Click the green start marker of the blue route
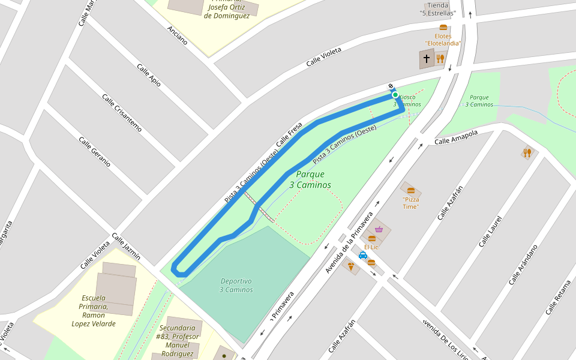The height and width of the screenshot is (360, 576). pyautogui.click(x=395, y=95)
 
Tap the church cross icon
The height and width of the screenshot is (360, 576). pyautogui.click(x=427, y=59)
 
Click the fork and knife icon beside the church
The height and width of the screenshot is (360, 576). pyautogui.click(x=440, y=59)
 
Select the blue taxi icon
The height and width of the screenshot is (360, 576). pyautogui.click(x=362, y=255)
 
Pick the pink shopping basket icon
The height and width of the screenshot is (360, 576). pyautogui.click(x=379, y=229)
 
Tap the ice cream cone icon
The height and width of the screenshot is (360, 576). pyautogui.click(x=352, y=266)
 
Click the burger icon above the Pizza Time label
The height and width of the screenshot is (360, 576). pyautogui.click(x=411, y=190)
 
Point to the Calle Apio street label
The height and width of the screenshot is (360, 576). pyautogui.click(x=149, y=76)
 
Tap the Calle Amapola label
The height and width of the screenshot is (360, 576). pyautogui.click(x=456, y=137)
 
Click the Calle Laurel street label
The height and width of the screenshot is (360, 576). pyautogui.click(x=490, y=232)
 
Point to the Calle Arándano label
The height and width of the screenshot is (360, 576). pyautogui.click(x=523, y=265)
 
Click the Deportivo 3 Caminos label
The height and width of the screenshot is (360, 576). pyautogui.click(x=236, y=286)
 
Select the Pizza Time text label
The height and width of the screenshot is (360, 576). pyautogui.click(x=411, y=203)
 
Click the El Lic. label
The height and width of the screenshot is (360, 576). pyautogui.click(x=371, y=247)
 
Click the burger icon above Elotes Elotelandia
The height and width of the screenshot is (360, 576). pyautogui.click(x=443, y=28)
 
